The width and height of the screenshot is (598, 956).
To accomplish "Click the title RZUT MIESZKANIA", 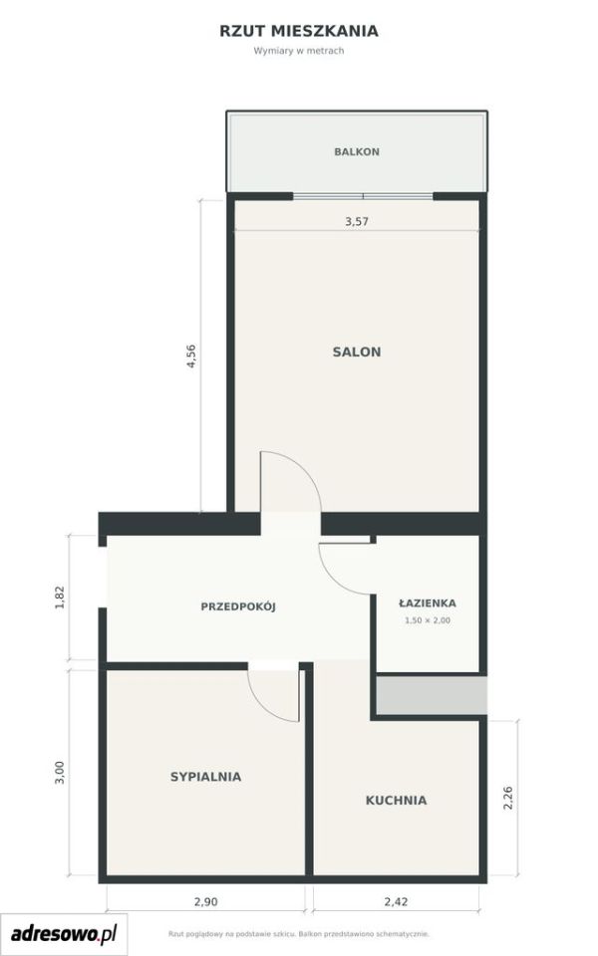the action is click(299, 31).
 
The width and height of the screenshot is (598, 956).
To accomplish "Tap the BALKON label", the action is click(357, 151).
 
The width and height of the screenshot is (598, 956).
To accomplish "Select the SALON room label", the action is click(357, 352).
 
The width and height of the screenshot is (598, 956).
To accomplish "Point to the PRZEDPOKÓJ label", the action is click(238, 606).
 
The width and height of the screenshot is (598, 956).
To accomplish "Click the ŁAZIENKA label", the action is click(428, 603).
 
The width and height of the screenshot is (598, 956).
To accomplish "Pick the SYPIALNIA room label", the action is click(205, 777).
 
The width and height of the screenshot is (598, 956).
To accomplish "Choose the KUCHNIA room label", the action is click(396, 801).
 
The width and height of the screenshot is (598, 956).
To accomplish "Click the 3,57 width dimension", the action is click(357, 221).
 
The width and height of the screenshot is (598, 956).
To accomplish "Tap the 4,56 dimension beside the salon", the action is click(191, 357).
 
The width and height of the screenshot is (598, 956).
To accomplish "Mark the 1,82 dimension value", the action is click(59, 597).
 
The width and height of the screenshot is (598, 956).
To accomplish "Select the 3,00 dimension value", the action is click(59, 773).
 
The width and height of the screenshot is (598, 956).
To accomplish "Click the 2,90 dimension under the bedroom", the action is click(205, 902).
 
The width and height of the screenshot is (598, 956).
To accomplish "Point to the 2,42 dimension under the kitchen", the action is click(396, 902).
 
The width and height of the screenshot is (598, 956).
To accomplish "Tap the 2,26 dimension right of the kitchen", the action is click(507, 798).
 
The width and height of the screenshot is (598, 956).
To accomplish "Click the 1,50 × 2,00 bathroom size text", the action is click(428, 620).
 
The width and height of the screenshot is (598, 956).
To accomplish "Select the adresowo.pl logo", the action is click(64, 934).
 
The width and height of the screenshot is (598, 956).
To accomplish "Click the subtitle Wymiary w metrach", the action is click(299, 51).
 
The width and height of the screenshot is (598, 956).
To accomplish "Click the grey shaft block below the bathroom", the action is click(432, 695).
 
